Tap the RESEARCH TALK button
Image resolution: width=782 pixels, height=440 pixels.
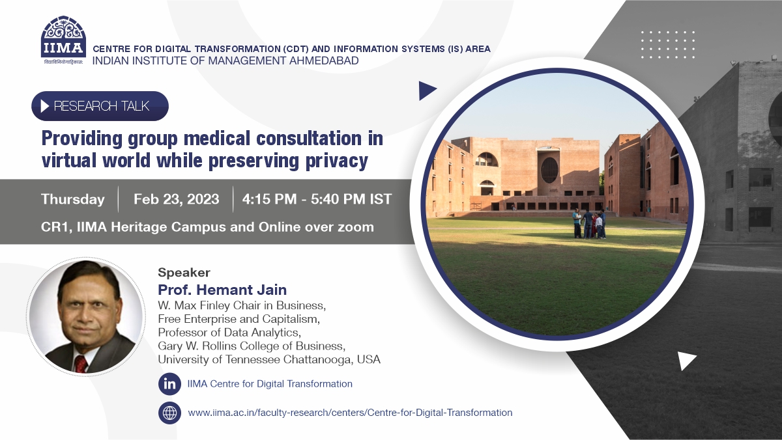coord(100,106)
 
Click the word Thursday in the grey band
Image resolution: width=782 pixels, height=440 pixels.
coord(72,199)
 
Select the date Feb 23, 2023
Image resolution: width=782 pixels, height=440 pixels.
coord(177,199)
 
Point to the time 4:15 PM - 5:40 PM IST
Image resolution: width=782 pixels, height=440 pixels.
coord(317,199)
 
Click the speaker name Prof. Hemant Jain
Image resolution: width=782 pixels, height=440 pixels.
coord(222,290)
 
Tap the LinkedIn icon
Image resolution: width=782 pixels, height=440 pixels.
coord(169,384)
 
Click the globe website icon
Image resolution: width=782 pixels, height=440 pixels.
coord(169,413)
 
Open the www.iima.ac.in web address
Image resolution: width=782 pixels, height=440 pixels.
coord(350,413)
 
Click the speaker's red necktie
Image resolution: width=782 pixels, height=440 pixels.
coord(81,364)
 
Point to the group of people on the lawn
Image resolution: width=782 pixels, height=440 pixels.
coord(589,224)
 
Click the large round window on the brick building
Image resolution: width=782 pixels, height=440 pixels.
coord(549,170)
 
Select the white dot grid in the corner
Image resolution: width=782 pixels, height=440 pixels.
coord(667,45)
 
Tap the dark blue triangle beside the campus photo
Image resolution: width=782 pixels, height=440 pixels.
coord(426,90)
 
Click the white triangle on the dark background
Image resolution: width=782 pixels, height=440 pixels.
coord(686,361)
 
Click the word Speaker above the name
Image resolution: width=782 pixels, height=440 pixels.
coord(184,272)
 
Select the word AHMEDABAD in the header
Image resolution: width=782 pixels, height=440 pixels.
coord(324,61)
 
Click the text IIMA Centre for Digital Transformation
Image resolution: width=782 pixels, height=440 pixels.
coord(270,384)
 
